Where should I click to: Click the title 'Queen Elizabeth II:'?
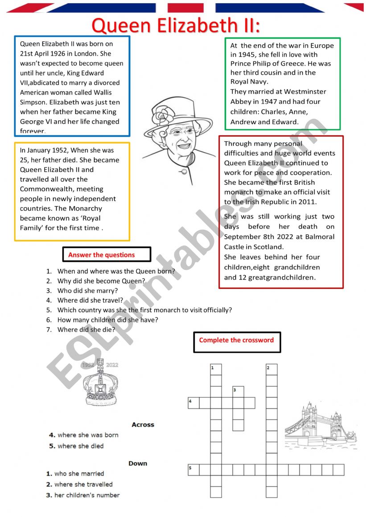pos(176,25)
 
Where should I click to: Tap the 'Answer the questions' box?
pos(107,255)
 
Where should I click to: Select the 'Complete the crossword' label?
pos(237,341)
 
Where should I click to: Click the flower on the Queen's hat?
pos(160,117)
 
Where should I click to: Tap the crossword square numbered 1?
pos(216,369)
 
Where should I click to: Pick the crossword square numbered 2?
pos(271,369)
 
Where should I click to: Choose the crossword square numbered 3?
pos(238,391)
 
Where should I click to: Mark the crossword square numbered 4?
pos(193,403)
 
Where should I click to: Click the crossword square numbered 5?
pos(193,469)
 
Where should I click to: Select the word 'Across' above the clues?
pos(143,425)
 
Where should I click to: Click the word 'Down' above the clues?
pos(138,463)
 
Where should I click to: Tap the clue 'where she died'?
pos(80,446)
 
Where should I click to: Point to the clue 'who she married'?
pos(79,474)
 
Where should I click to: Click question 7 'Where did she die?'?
pos(86,330)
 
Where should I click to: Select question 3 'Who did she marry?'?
pos(87,291)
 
